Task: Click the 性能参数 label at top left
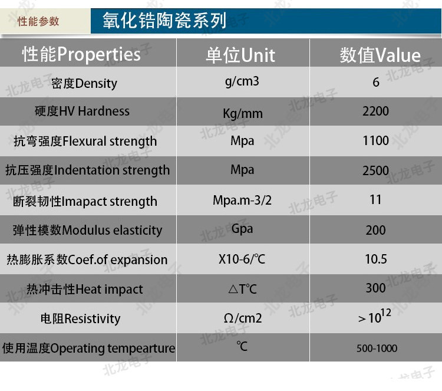pyautogui.click(x=38, y=21)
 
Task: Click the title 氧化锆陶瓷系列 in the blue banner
pyautogui.click(x=164, y=21)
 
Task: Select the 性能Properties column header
pyautogui.click(x=81, y=54)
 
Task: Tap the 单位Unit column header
pyautogui.click(x=240, y=55)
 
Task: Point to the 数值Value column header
pyautogui.click(x=380, y=55)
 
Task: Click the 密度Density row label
pyautogui.click(x=84, y=84)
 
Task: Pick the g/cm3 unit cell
pyautogui.click(x=242, y=81)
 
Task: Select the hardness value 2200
pyautogui.click(x=375, y=111)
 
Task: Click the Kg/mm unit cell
pyautogui.click(x=243, y=114)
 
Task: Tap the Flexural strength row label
pyautogui.click(x=85, y=141)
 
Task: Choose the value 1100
pyautogui.click(x=375, y=140)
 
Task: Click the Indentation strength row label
pyautogui.click(x=87, y=170)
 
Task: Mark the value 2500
pyautogui.click(x=375, y=170)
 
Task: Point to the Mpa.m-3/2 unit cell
pyautogui.click(x=242, y=201)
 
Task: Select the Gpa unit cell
pyautogui.click(x=242, y=229)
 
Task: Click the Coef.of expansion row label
pyautogui.click(x=87, y=259)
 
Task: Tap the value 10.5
pyautogui.click(x=376, y=259)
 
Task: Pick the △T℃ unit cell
pyautogui.click(x=243, y=289)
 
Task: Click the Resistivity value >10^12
pyautogui.click(x=375, y=316)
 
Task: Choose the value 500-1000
pyautogui.click(x=377, y=349)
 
